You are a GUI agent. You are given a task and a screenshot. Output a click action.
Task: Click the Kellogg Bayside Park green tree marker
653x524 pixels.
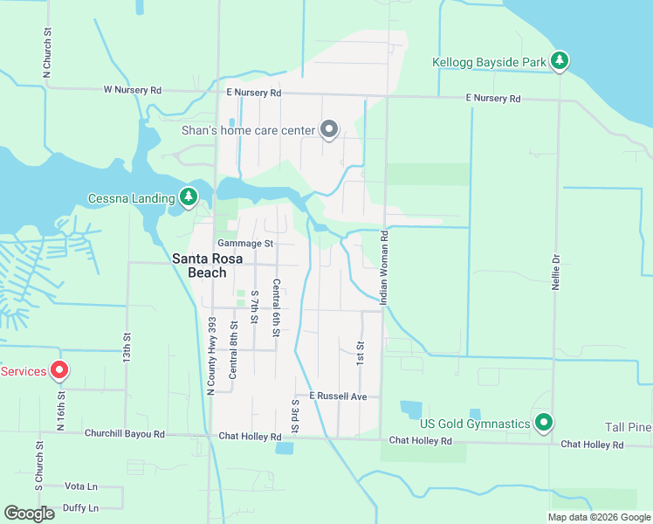point(560,61)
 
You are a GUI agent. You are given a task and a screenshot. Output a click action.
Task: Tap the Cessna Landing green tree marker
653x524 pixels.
point(188,197)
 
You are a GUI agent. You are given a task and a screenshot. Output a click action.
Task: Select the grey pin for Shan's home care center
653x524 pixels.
point(329,130)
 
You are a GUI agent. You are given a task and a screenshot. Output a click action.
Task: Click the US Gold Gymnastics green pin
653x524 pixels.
point(544,424)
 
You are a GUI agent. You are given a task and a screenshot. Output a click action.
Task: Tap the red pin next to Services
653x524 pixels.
point(59,370)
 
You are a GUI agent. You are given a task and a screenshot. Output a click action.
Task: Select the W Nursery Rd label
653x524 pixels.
point(133,90)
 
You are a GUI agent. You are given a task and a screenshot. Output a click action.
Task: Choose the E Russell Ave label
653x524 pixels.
point(338,396)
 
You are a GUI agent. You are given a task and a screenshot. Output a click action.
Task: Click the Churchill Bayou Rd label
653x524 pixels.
point(124,434)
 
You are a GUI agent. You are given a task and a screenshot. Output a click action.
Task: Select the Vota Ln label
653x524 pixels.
point(81,486)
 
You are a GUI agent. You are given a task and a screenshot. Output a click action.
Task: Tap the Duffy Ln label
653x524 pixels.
point(80,507)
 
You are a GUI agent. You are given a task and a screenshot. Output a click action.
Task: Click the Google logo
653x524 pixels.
point(29,514)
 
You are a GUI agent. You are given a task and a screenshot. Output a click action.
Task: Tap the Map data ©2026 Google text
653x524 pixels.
point(598,516)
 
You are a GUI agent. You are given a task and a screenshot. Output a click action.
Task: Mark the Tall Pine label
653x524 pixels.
point(628,427)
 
